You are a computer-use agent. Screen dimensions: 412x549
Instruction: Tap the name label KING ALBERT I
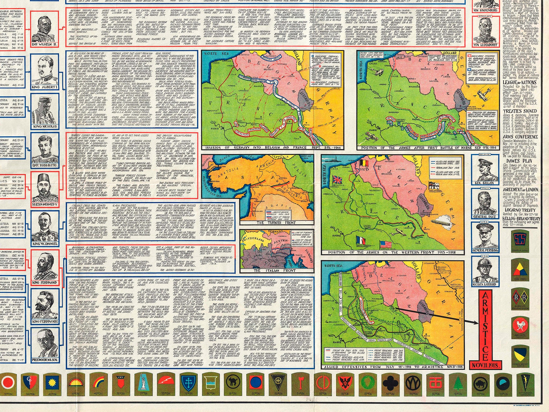(45, 87)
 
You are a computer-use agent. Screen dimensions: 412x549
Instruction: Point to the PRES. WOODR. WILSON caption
(45, 360)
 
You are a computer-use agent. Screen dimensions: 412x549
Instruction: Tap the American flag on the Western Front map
(386, 245)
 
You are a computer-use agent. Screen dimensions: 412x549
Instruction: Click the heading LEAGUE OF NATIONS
(519, 82)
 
